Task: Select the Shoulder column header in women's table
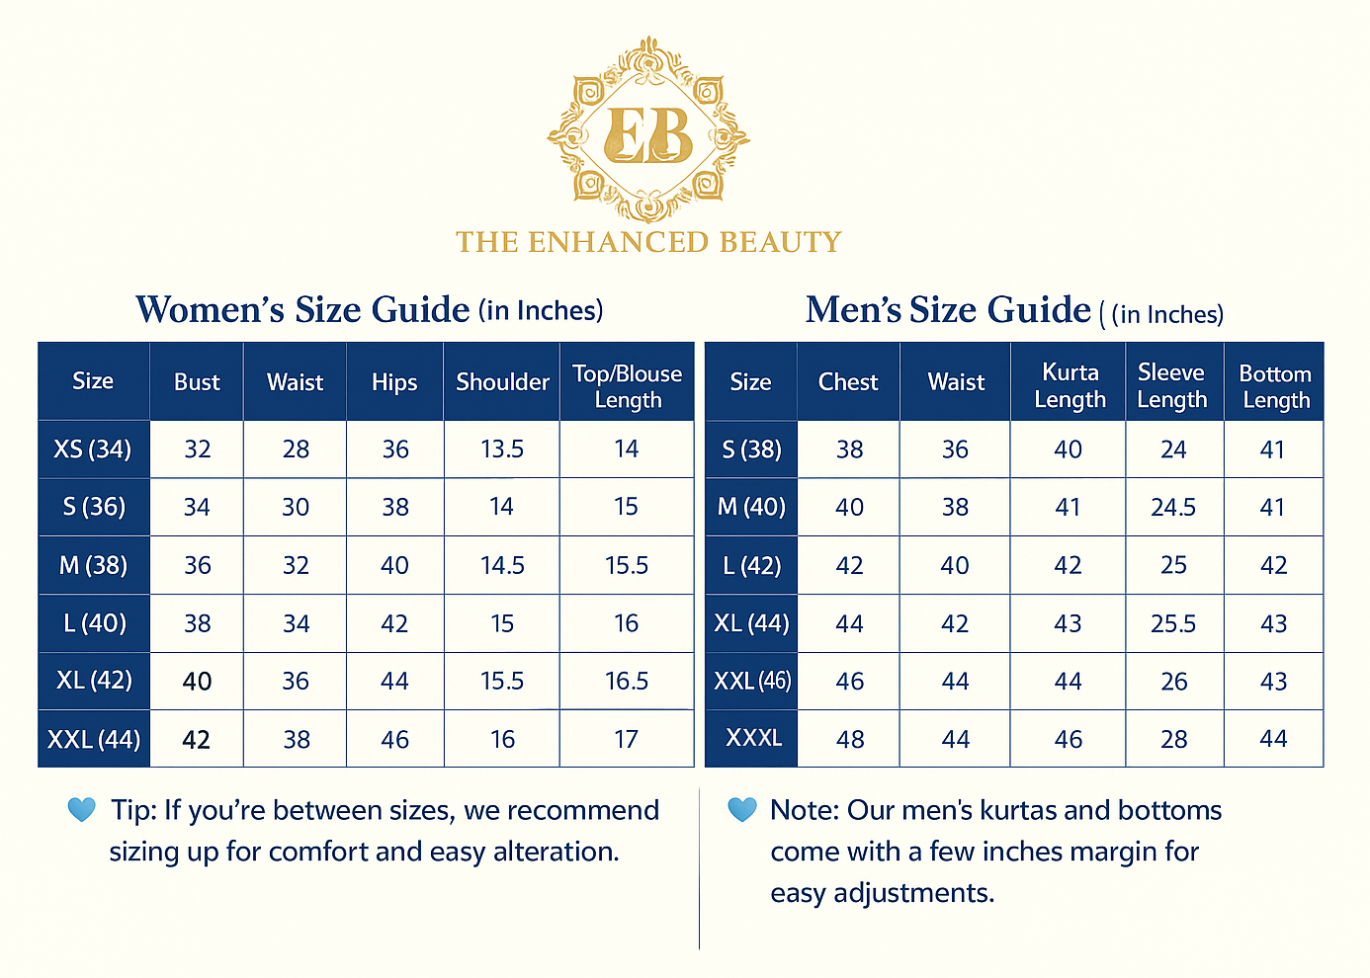[x=502, y=382]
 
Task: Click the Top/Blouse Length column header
[x=627, y=386]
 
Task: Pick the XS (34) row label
[x=93, y=449]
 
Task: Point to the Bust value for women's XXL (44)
[x=197, y=740]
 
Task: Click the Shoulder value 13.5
[x=502, y=449]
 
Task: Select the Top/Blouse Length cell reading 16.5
[x=627, y=682]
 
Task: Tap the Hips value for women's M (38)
[x=394, y=566]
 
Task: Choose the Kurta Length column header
[x=1070, y=386]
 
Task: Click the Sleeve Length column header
[x=1172, y=386]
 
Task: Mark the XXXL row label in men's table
[x=753, y=738]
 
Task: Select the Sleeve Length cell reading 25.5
[x=1173, y=624]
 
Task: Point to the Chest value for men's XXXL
[x=849, y=740]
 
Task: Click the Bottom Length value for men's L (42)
[x=1273, y=566]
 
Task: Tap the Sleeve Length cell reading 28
[x=1173, y=740]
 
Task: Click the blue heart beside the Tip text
[x=81, y=810]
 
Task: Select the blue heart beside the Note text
[x=741, y=810]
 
